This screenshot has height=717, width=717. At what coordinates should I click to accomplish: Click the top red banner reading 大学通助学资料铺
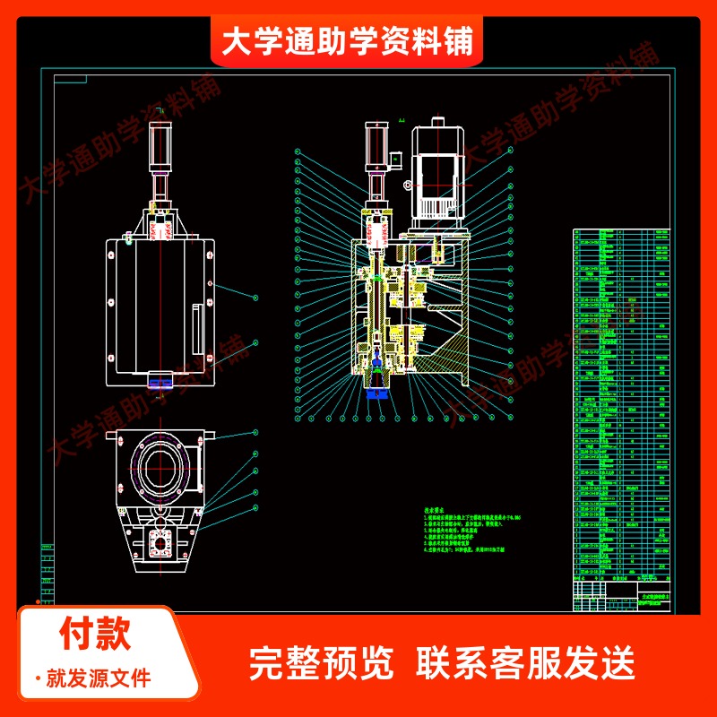(347, 41)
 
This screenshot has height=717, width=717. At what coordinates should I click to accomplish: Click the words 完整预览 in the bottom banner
(320, 664)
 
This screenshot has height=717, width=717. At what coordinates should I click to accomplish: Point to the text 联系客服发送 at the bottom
(525, 664)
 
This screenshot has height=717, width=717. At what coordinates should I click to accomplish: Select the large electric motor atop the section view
(437, 175)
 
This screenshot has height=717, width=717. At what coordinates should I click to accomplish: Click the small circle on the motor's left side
(409, 186)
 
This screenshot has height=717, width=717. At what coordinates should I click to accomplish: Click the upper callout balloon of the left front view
(256, 296)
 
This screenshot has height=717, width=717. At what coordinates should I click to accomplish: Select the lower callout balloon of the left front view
(256, 342)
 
